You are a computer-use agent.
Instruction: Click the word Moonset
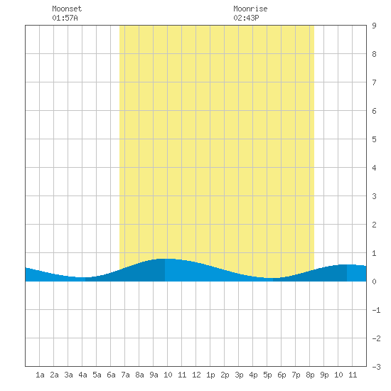[x=67, y=9]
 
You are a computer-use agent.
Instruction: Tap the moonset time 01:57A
[x=65, y=18]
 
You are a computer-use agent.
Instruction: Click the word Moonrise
[x=250, y=9]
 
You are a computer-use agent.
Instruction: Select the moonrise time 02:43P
[x=246, y=18]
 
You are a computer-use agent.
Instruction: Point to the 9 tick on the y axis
[x=374, y=26]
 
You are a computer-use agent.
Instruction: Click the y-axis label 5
[x=374, y=139]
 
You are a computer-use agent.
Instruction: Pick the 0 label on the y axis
[x=374, y=282]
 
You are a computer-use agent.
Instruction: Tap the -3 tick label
[x=376, y=367]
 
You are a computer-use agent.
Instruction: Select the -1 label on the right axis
[x=376, y=310]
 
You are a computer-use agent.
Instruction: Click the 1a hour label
[x=40, y=375]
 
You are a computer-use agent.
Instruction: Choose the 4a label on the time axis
[x=82, y=375]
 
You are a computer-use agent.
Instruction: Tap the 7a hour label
[x=125, y=375]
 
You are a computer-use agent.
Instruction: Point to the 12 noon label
[x=196, y=375]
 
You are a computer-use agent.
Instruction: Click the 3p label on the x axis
[x=239, y=375]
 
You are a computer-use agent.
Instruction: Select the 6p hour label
[x=282, y=375]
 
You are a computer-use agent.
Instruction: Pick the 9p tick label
[x=324, y=375]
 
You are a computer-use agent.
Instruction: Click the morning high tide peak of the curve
[x=165, y=259]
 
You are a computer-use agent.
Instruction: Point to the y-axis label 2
[x=374, y=225]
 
